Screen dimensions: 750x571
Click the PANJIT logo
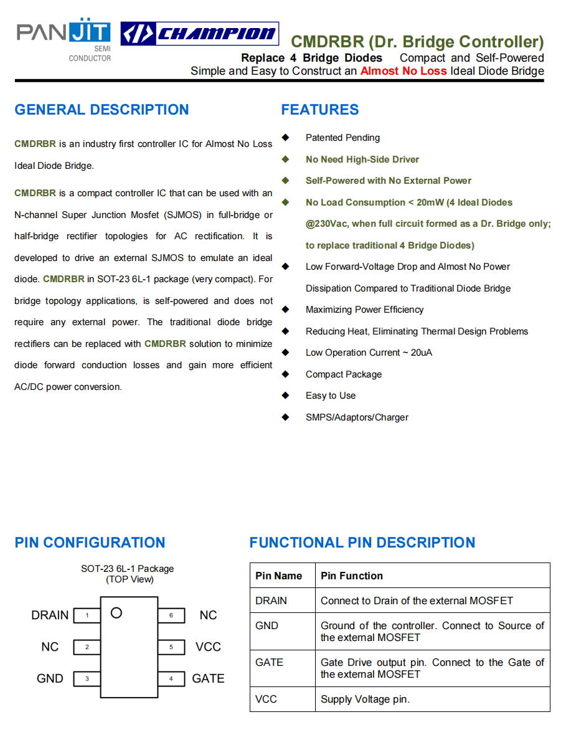coord(64,39)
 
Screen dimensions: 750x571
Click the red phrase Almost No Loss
coord(403,71)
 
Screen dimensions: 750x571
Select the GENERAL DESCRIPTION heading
coord(101,110)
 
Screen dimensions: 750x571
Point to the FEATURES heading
coord(320,110)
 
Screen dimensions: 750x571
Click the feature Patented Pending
coord(342,138)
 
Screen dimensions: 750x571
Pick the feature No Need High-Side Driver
coord(362,159)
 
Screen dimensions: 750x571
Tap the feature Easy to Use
coord(331,396)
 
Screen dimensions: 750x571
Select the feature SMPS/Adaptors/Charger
coord(357,417)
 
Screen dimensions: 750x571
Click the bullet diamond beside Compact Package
coord(286,374)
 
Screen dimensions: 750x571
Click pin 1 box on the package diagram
coord(87,615)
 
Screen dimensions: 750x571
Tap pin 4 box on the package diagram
coord(171,678)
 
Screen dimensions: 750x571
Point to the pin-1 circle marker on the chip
coord(116,613)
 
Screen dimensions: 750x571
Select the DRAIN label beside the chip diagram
coord(50,615)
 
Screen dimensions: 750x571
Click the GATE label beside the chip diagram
coord(208,678)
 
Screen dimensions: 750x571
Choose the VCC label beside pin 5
coord(208,647)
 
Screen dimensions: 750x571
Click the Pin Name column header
coord(279,576)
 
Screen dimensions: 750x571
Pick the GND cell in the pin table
coord(267,625)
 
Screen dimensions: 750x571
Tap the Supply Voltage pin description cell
coord(366,700)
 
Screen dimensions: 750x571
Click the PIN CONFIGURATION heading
coord(90,543)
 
